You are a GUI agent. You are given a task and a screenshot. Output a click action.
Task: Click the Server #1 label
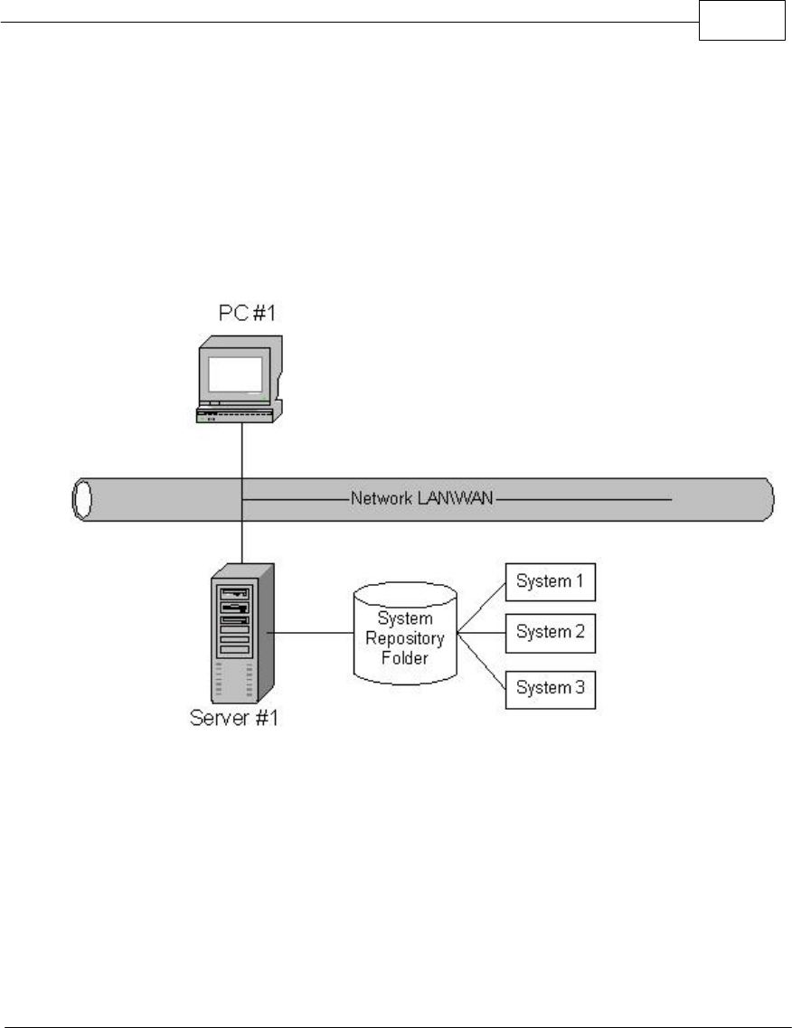point(235,720)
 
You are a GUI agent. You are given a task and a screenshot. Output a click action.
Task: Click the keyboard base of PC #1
point(236,415)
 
